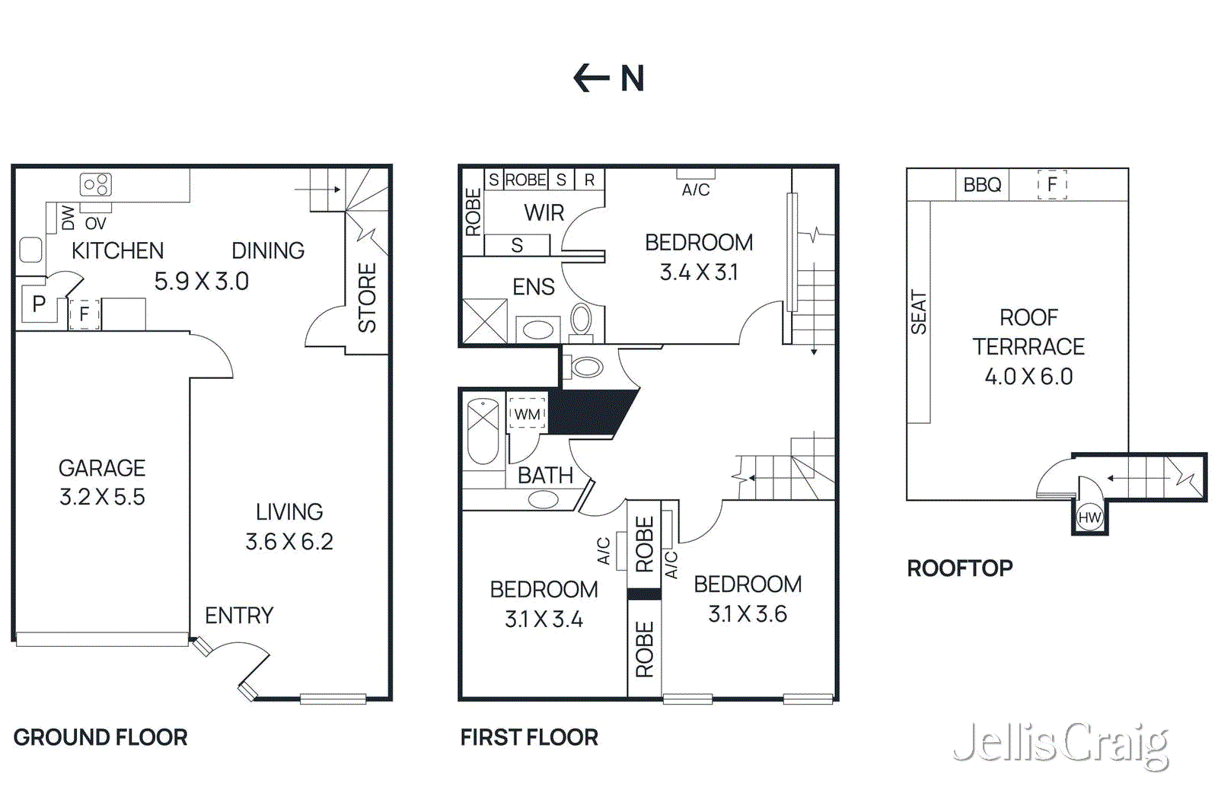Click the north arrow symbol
tap(591, 78)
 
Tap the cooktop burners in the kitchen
tap(96, 184)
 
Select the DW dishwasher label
tap(69, 218)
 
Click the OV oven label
tap(95, 224)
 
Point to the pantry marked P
tap(38, 304)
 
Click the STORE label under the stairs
tap(367, 298)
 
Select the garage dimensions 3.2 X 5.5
tap(102, 497)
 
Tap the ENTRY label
tap(238, 615)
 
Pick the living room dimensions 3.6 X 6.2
tap(289, 542)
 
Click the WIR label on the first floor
tap(544, 213)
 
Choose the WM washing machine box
tap(527, 414)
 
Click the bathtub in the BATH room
tap(483, 431)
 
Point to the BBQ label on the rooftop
tap(982, 185)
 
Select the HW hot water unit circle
tap(1089, 517)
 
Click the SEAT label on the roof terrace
tap(919, 313)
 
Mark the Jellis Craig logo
tap(1060, 744)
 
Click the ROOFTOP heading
tap(959, 568)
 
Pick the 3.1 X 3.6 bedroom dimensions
tap(747, 614)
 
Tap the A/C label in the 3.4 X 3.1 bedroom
tap(695, 189)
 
